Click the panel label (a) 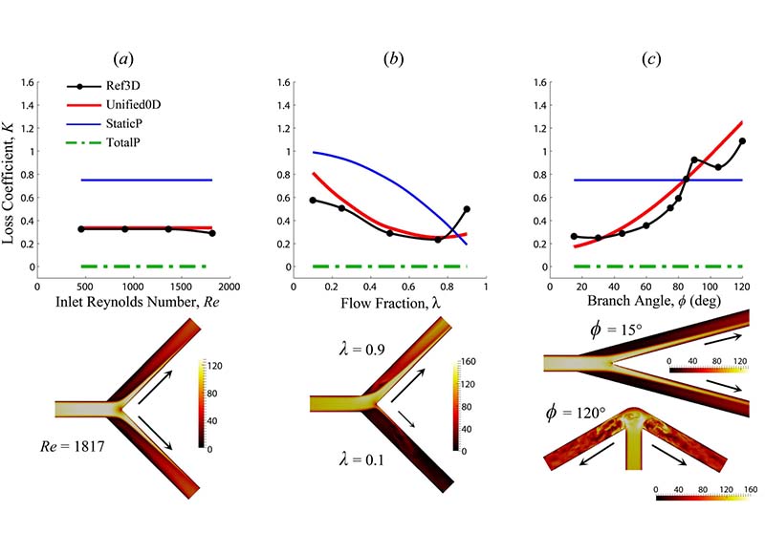(123, 59)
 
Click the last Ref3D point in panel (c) (742, 141)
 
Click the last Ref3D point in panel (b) (467, 209)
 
